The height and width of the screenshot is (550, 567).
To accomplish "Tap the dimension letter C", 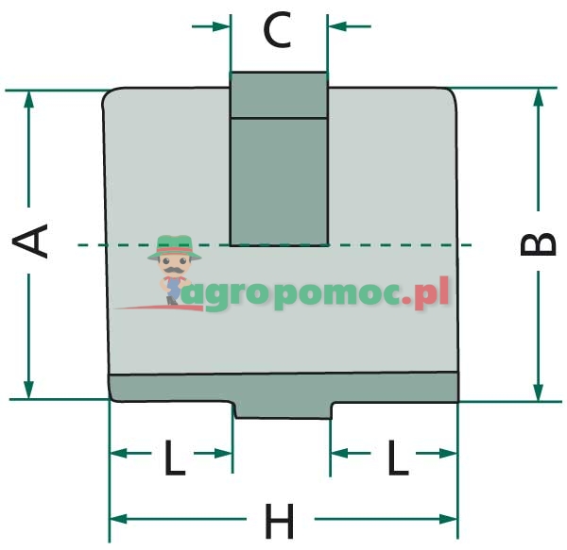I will pyautogui.click(x=278, y=30).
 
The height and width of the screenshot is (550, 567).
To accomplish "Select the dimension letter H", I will pyautogui.click(x=280, y=520).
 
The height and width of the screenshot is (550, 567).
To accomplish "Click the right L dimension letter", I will pyautogui.click(x=397, y=458).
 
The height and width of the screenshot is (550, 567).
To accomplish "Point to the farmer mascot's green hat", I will pyautogui.click(x=171, y=245).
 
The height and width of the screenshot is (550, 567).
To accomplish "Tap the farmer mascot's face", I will pyautogui.click(x=172, y=264).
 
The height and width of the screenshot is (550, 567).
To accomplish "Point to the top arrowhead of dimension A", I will pyautogui.click(x=29, y=98).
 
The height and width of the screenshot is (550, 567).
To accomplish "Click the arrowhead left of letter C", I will pyautogui.click(x=223, y=25).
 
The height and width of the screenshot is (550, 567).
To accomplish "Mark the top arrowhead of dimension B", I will pyautogui.click(x=539, y=97).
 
